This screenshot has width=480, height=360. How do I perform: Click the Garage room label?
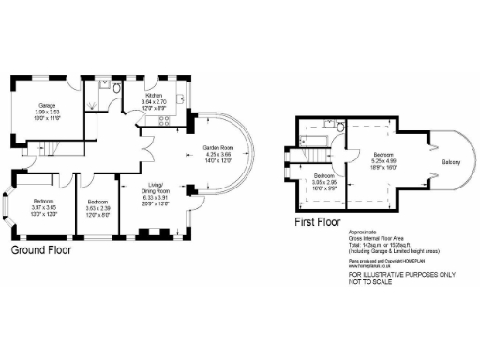coord(47,104)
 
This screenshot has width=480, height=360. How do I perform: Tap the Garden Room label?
coord(217,149)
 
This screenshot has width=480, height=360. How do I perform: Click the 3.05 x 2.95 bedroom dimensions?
coord(324,182)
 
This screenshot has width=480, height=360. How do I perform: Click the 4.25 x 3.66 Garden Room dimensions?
coord(217,155)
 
